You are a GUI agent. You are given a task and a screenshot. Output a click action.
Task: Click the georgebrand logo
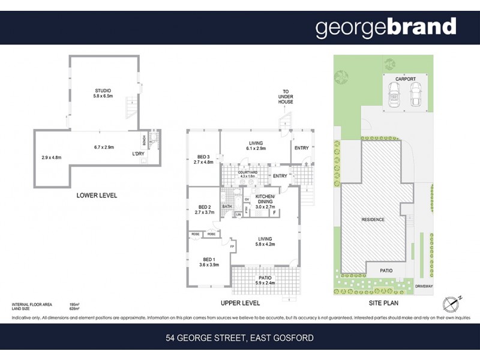386,28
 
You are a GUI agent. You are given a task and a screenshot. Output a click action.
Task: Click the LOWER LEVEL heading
97,196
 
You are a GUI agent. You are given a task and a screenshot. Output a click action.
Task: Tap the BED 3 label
203,158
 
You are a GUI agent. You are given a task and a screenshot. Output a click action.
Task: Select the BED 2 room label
204,208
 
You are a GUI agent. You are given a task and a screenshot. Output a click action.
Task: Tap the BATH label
227,207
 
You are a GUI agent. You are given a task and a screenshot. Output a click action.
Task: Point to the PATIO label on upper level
264,277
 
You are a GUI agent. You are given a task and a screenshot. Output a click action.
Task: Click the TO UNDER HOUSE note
286,97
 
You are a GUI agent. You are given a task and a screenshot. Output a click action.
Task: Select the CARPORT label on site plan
405,79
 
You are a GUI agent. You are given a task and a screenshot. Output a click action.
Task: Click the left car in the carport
395,94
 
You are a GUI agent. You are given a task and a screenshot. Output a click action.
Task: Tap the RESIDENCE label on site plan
373,220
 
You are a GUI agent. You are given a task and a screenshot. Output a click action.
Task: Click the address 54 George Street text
239,338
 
